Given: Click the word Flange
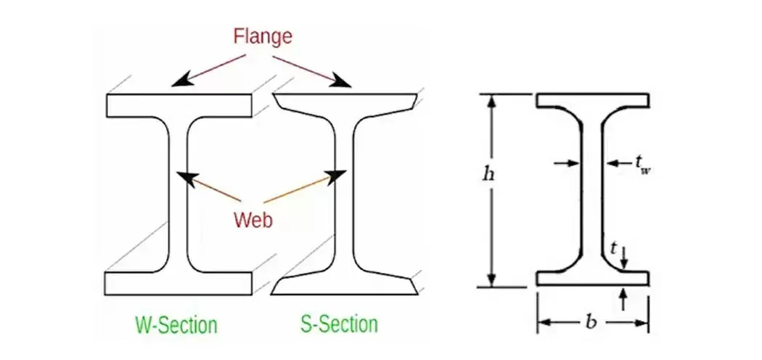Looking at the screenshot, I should (x=263, y=36).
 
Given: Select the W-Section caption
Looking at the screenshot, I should (x=176, y=324).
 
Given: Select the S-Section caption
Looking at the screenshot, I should (x=339, y=324).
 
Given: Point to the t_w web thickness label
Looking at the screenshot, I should (x=642, y=165).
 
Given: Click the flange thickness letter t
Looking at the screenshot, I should (x=613, y=249).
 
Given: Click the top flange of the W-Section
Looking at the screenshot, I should (x=179, y=105).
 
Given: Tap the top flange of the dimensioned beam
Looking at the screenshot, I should (x=592, y=101).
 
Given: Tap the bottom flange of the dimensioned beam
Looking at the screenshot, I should (x=592, y=279).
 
